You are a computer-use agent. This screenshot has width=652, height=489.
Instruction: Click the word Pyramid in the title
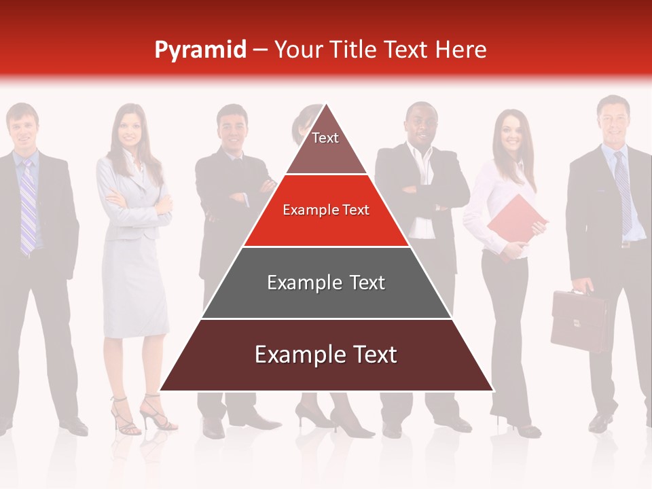(x=200, y=50)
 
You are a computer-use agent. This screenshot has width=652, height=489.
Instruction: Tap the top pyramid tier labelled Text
(x=325, y=143)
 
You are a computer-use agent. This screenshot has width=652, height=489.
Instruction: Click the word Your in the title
(x=297, y=50)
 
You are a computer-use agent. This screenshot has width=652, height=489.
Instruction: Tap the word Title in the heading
(x=353, y=50)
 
